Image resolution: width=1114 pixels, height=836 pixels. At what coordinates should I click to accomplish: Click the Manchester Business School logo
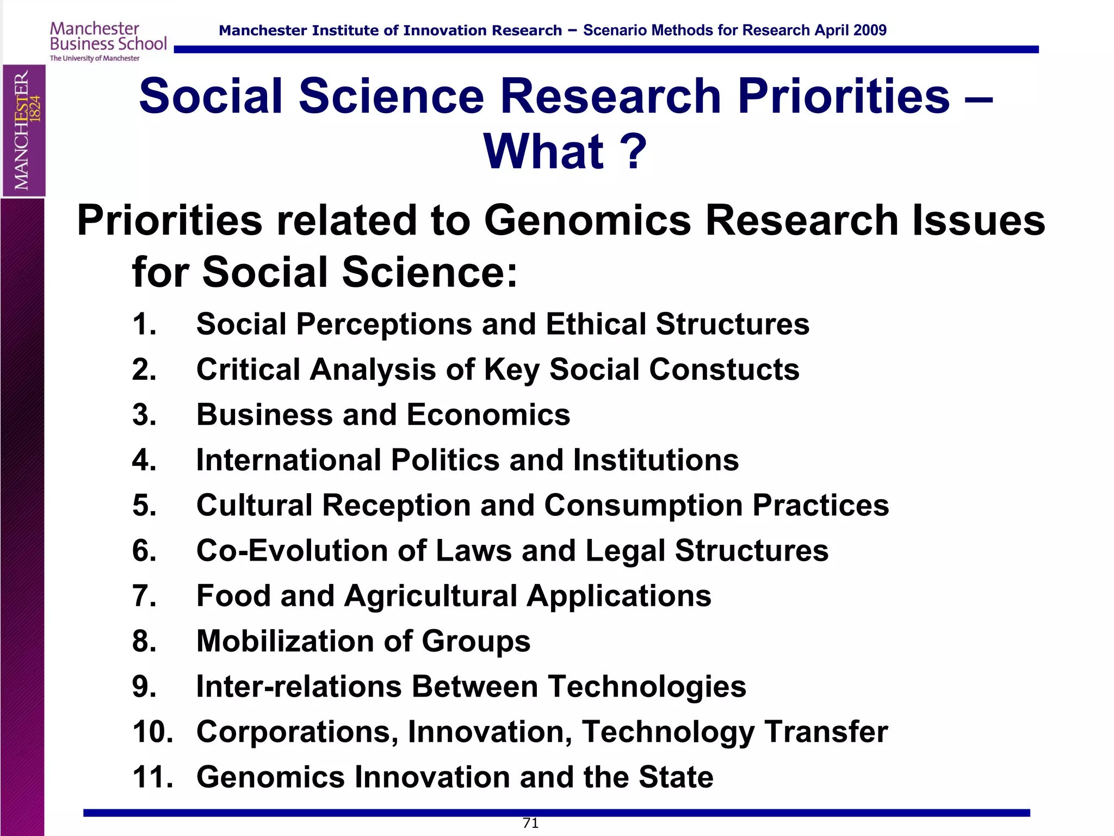coord(108,41)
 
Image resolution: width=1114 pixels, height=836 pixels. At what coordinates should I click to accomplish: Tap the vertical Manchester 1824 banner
coord(24,130)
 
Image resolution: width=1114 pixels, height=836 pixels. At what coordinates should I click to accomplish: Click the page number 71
coord(530,823)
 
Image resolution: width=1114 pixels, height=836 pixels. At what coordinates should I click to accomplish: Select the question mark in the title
coord(634,151)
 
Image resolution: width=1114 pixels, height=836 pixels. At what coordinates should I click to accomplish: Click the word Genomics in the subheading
coord(587,220)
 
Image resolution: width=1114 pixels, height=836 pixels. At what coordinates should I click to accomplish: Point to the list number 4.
coord(144,460)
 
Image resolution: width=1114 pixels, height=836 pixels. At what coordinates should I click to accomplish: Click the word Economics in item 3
coord(488,415)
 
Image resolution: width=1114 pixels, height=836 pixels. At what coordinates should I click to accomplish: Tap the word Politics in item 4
coord(445,460)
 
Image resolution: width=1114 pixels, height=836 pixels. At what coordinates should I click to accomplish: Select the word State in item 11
coord(676,777)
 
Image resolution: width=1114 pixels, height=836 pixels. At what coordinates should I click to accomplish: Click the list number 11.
coord(152,777)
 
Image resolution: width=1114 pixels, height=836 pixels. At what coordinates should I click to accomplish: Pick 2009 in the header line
coord(870,30)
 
